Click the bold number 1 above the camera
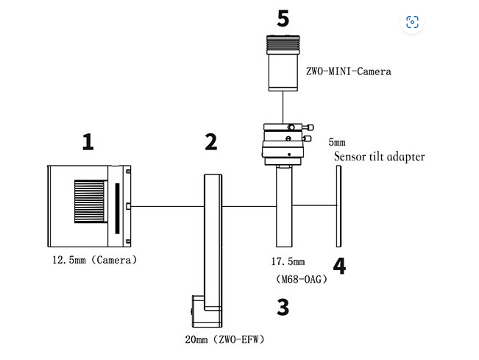[x=88, y=141]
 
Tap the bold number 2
[x=211, y=141]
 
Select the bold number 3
[x=283, y=307]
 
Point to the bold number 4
[x=339, y=267]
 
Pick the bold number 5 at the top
[x=283, y=18]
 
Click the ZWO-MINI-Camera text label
[x=348, y=71]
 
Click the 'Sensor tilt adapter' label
[x=379, y=156]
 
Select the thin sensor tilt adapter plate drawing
[x=339, y=205]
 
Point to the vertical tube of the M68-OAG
[x=283, y=206]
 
